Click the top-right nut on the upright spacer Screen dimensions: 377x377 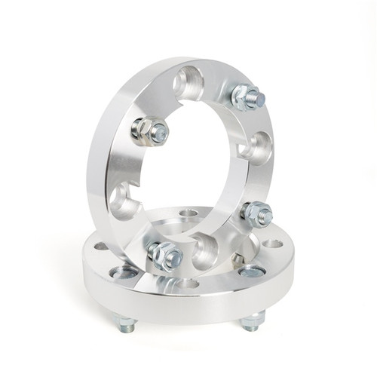coord(247,96)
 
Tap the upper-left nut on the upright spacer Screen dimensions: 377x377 coord(148,131)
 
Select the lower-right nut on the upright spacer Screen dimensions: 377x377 coord(256,214)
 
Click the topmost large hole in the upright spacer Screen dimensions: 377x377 coord(188,81)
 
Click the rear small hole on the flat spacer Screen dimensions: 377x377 coord(188,213)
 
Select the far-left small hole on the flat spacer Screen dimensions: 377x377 coord(100,246)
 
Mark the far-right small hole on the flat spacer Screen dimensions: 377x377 coord(274,244)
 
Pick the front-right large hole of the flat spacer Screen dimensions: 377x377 coord(251,271)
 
